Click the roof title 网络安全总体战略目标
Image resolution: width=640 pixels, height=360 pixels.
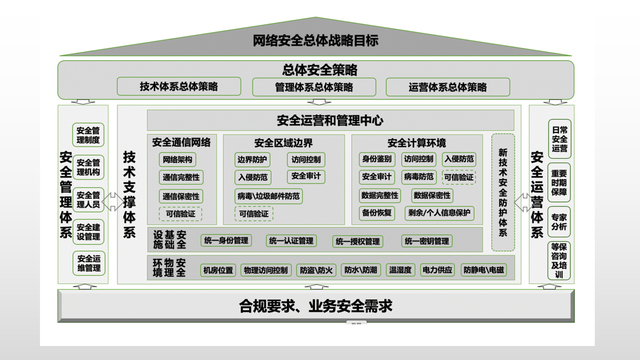pyautogui.click(x=315, y=40)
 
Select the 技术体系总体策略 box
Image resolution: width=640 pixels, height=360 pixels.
pyautogui.click(x=179, y=86)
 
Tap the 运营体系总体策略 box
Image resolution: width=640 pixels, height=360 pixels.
pyautogui.click(x=448, y=87)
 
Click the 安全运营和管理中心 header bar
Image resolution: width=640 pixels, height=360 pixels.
pyautogui.click(x=330, y=120)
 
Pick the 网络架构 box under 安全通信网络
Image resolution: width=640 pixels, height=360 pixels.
pyautogui.click(x=177, y=160)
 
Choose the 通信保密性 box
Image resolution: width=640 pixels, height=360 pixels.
pyautogui.click(x=181, y=196)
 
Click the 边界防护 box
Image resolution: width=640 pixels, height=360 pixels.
pyautogui.click(x=252, y=160)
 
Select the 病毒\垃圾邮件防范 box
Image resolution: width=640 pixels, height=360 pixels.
pyautogui.click(x=268, y=196)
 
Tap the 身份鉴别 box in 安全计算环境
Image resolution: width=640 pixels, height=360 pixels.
pyautogui.click(x=376, y=159)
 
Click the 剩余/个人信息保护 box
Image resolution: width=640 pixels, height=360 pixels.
pyautogui.click(x=439, y=213)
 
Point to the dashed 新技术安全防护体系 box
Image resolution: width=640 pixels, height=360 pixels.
pyautogui.click(x=503, y=192)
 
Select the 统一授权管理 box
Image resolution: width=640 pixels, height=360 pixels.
pyautogui.click(x=358, y=241)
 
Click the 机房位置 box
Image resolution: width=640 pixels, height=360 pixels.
pyautogui.click(x=218, y=270)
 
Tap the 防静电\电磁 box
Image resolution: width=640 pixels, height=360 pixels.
pyautogui.click(x=484, y=270)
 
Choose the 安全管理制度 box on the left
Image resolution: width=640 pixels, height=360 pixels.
pyautogui.click(x=88, y=135)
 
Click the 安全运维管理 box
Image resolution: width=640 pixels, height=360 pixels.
pyautogui.click(x=89, y=263)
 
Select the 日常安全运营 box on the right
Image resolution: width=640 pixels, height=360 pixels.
pyautogui.click(x=559, y=139)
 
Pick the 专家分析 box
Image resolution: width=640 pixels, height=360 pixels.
pyautogui.click(x=559, y=222)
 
